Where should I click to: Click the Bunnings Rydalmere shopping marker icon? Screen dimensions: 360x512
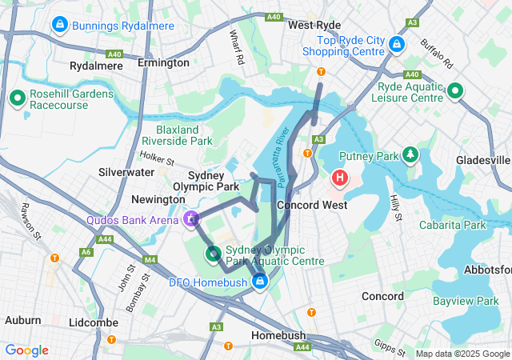pos(58,26)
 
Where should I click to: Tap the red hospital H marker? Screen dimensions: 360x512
pos(340,176)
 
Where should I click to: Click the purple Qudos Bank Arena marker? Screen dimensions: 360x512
pos(191,218)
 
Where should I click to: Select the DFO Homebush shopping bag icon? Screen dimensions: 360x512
pos(260,282)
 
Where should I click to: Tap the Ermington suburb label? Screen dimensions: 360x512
pos(163,62)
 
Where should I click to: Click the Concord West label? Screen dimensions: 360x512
pos(311,206)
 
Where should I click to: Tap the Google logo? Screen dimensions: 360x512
pos(27,350)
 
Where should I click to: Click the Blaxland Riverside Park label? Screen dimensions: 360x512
pos(184,134)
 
